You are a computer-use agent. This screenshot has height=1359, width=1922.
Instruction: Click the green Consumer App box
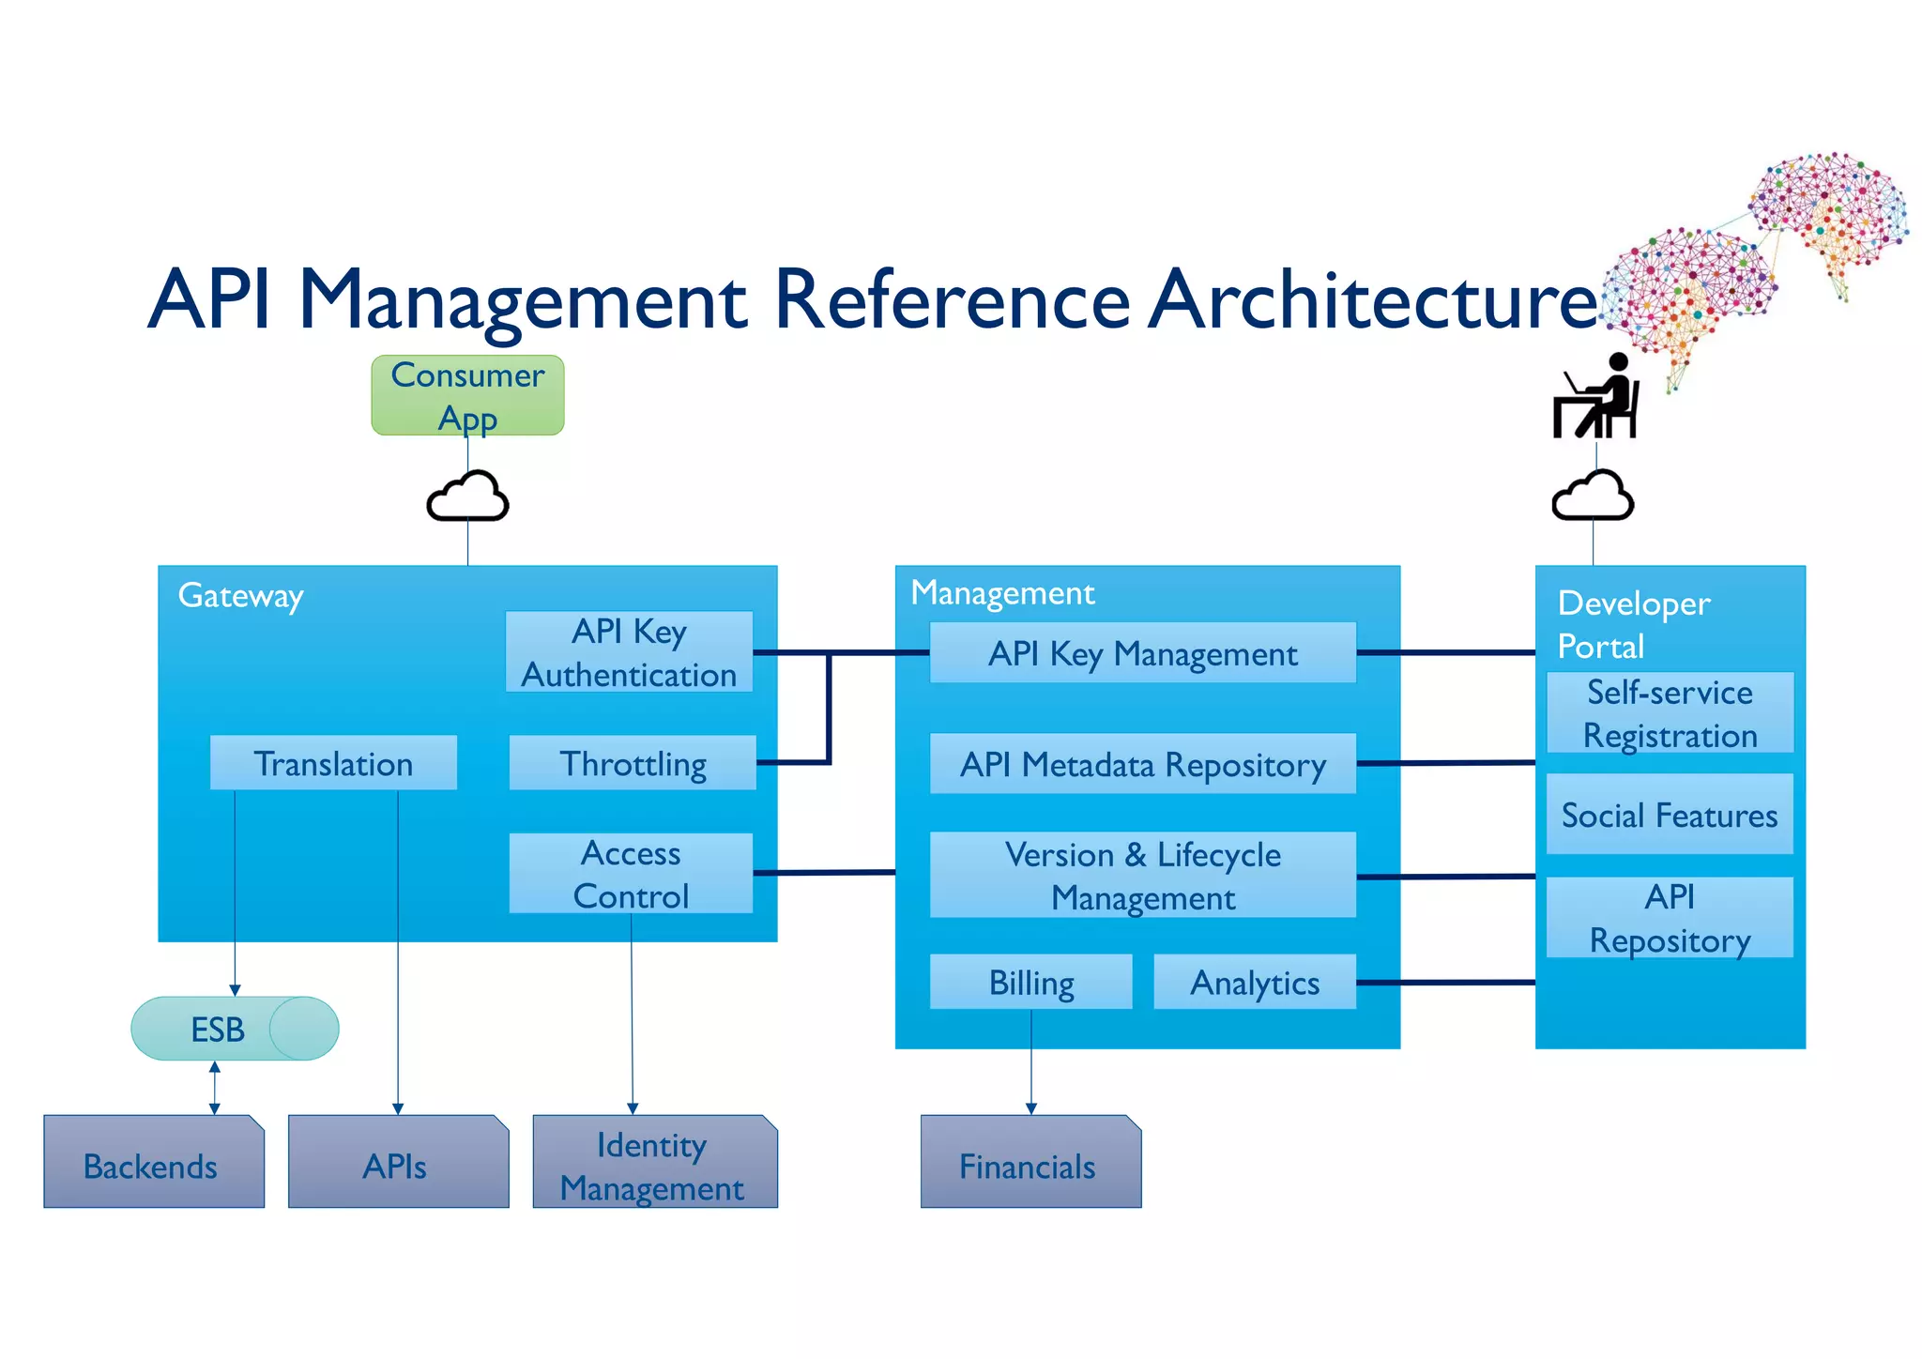(x=467, y=395)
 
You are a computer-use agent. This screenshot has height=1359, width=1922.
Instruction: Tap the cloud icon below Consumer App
(x=467, y=497)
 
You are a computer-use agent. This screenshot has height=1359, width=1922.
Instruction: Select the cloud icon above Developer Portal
(x=1593, y=497)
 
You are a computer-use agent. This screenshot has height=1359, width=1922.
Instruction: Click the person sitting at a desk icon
(x=1598, y=398)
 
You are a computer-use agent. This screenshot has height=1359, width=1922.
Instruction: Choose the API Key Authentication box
(x=629, y=652)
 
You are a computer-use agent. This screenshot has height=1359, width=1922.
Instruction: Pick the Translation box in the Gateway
(x=333, y=763)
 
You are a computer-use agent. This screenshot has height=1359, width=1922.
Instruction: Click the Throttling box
(x=633, y=763)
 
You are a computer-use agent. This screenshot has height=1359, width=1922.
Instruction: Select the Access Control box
(x=631, y=874)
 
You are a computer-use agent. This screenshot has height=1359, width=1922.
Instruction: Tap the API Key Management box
(x=1142, y=653)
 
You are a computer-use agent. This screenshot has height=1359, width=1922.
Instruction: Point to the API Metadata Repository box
(x=1142, y=764)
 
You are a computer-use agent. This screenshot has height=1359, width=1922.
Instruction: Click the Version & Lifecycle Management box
(x=1142, y=875)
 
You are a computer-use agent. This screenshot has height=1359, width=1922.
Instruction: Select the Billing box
(x=1030, y=982)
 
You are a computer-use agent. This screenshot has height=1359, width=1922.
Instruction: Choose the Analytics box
(x=1254, y=982)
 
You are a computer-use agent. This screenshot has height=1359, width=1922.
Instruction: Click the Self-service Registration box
(x=1670, y=713)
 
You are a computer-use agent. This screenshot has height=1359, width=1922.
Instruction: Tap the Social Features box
(x=1670, y=815)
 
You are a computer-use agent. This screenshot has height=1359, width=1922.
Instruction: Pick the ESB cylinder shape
(x=235, y=1029)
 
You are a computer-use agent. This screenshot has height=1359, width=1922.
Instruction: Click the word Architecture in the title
(x=1372, y=300)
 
